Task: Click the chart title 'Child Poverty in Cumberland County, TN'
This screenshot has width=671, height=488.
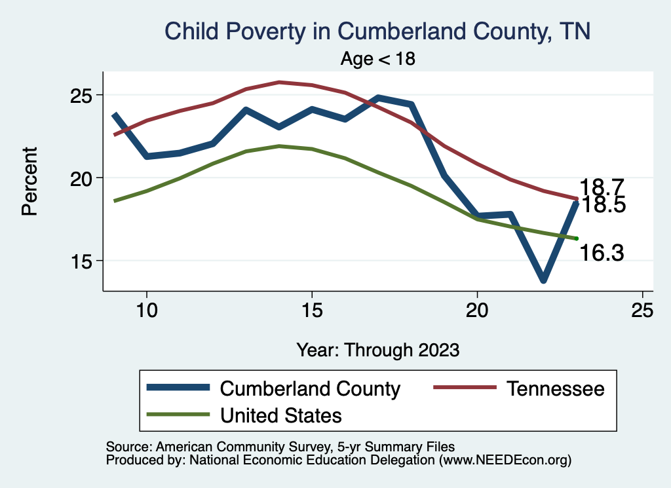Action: coord(377,31)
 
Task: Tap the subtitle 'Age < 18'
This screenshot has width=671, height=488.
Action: coord(378,58)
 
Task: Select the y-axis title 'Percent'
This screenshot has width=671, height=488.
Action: coord(29,190)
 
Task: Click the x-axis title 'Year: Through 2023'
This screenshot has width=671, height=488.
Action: coord(378,349)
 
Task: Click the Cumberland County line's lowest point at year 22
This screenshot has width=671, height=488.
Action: coord(543,280)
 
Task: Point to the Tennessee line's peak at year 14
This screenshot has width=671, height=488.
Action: coord(279,83)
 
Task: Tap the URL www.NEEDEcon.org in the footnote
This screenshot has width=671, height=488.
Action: coord(503,460)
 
